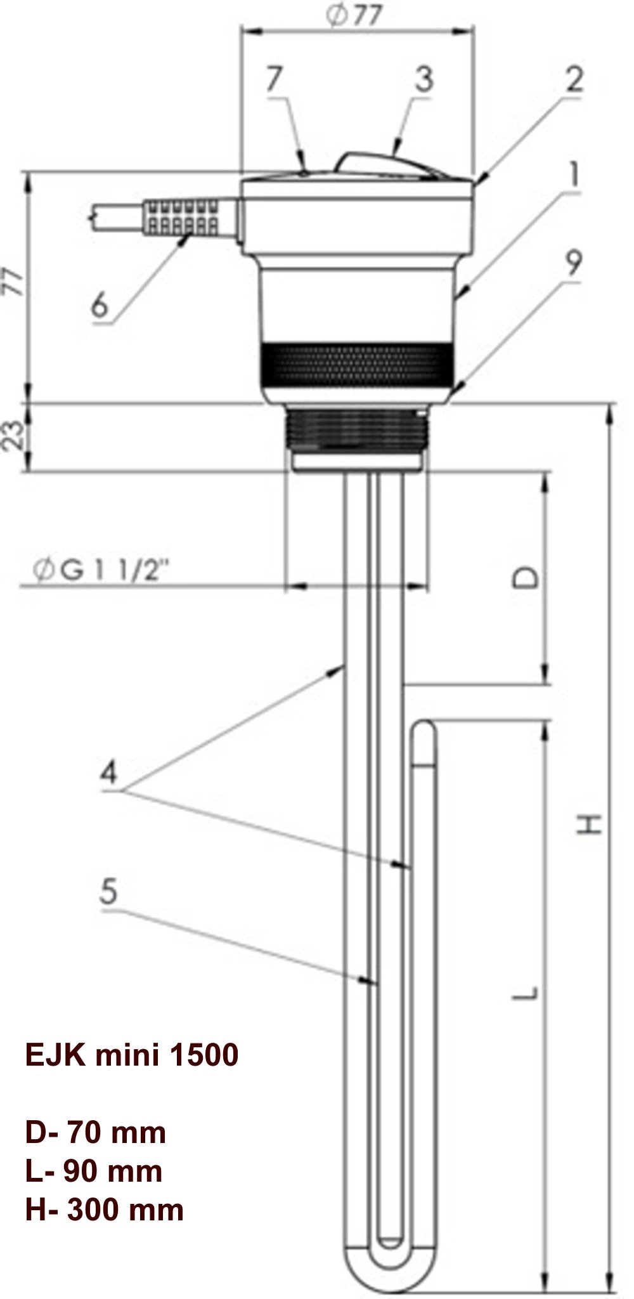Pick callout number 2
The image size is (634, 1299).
point(574,80)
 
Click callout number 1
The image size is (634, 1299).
point(574,175)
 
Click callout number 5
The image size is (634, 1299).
point(109,892)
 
